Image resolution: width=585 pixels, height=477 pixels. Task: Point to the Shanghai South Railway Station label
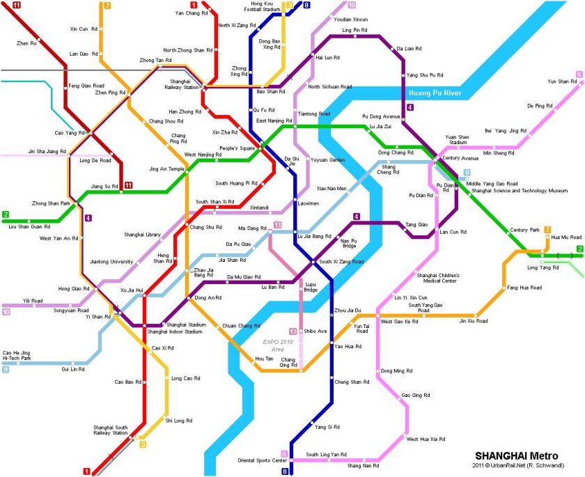click(111, 430)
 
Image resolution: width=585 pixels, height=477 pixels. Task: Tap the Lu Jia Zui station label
click(381, 127)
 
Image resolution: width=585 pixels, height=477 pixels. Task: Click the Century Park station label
click(524, 230)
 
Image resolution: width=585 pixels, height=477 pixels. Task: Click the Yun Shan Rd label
click(563, 81)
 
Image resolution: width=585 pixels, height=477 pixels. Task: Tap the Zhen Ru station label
click(26, 43)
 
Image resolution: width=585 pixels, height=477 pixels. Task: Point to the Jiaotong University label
click(111, 262)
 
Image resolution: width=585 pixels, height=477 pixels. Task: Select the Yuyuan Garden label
click(327, 160)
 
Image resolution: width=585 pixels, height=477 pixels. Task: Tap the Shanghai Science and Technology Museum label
click(520, 190)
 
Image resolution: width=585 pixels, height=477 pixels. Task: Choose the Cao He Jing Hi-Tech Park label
click(18, 356)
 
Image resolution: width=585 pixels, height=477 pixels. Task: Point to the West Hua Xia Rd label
click(427, 439)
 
